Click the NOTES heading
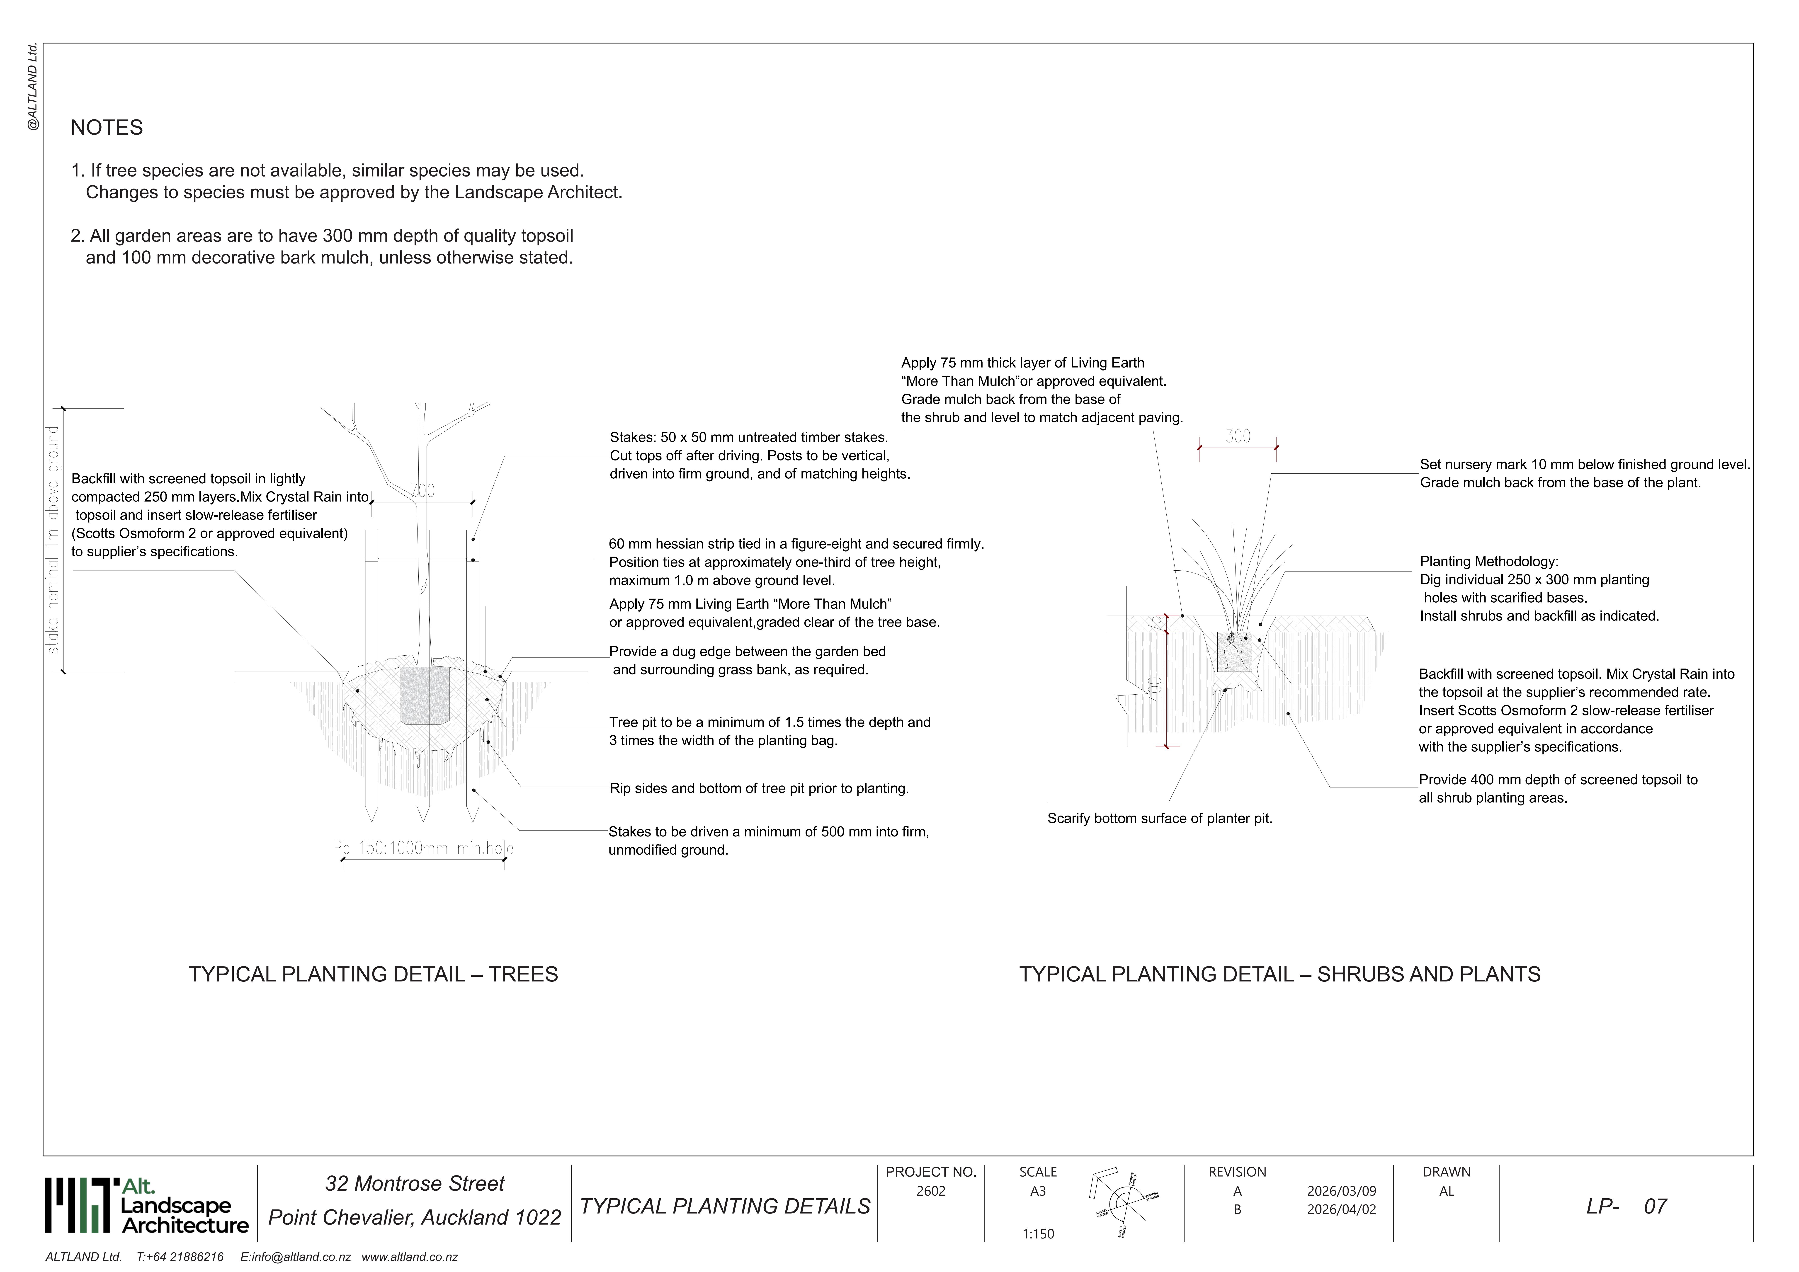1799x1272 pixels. [107, 128]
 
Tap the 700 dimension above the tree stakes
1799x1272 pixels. [422, 491]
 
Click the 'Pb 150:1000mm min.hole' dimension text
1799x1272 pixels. [423, 848]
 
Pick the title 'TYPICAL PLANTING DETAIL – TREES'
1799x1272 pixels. [373, 974]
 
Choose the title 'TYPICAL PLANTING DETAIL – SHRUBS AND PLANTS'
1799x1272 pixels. [1279, 974]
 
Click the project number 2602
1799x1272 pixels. [931, 1191]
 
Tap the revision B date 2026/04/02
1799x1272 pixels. [1341, 1209]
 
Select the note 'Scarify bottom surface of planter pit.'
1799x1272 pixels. [1160, 819]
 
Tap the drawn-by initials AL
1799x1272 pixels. [1446, 1191]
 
